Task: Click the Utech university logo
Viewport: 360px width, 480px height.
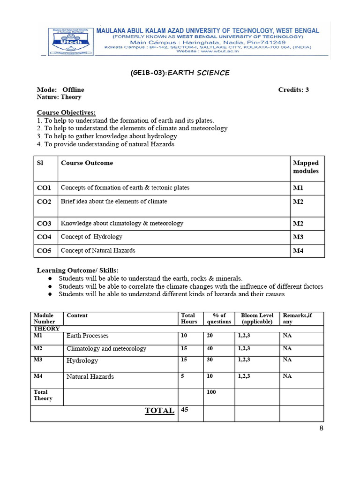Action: click(x=69, y=42)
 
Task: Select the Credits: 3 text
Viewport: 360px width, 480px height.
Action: click(x=293, y=90)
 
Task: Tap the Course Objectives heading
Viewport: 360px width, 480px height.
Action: click(x=66, y=112)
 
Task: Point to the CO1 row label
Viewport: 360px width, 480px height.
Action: click(x=44, y=188)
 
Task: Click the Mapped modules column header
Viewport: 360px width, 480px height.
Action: click(x=306, y=167)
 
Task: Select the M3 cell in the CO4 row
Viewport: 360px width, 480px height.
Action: click(x=298, y=237)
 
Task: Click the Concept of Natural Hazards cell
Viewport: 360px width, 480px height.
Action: click(x=98, y=250)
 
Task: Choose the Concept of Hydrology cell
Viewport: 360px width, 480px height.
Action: click(x=91, y=237)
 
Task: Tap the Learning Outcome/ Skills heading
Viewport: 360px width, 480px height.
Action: click(x=78, y=270)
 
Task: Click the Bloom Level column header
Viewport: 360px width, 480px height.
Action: click(x=257, y=318)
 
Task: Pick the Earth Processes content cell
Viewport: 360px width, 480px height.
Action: click(x=88, y=336)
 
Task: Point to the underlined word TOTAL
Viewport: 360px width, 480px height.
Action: click(x=159, y=411)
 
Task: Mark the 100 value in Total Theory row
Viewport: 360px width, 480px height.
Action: click(x=211, y=392)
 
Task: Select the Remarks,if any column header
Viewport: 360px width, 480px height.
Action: click(x=297, y=318)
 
